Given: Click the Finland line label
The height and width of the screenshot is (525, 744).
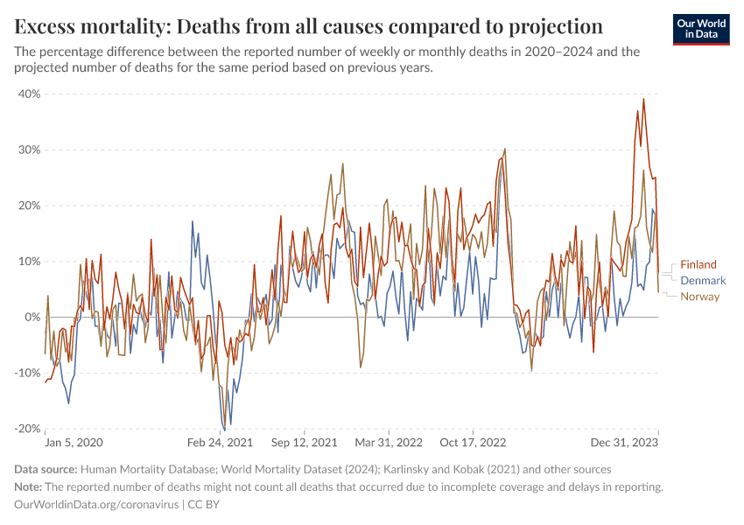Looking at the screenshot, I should (698, 264).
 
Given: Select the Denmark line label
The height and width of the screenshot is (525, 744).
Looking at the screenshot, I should (703, 280).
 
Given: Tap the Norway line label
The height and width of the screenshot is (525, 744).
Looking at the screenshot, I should (699, 296).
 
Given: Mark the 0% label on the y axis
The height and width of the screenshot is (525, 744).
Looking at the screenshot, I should (32, 317).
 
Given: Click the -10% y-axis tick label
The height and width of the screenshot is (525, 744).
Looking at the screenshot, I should (27, 373).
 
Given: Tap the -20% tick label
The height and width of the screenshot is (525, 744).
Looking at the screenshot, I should (27, 429).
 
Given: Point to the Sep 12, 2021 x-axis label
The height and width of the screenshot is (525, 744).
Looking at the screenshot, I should (304, 444).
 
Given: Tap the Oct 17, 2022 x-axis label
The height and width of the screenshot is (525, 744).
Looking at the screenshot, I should (473, 444).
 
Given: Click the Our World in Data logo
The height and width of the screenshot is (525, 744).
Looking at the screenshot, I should (703, 29).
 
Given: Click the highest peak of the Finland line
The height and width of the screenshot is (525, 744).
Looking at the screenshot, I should (643, 99).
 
